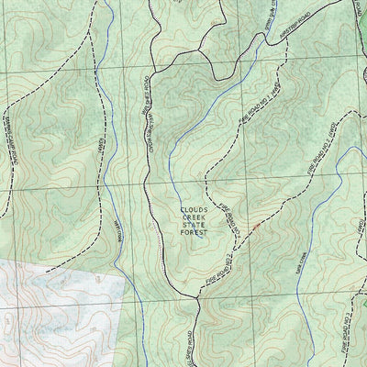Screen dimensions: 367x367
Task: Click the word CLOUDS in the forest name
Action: [x=194, y=208]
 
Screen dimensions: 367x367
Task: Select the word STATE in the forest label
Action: [x=194, y=225]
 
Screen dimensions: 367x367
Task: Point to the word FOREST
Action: [x=194, y=233]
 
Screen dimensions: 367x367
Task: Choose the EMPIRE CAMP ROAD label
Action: [x=14, y=142]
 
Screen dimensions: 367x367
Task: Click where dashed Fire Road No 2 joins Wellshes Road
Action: [x=198, y=295]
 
